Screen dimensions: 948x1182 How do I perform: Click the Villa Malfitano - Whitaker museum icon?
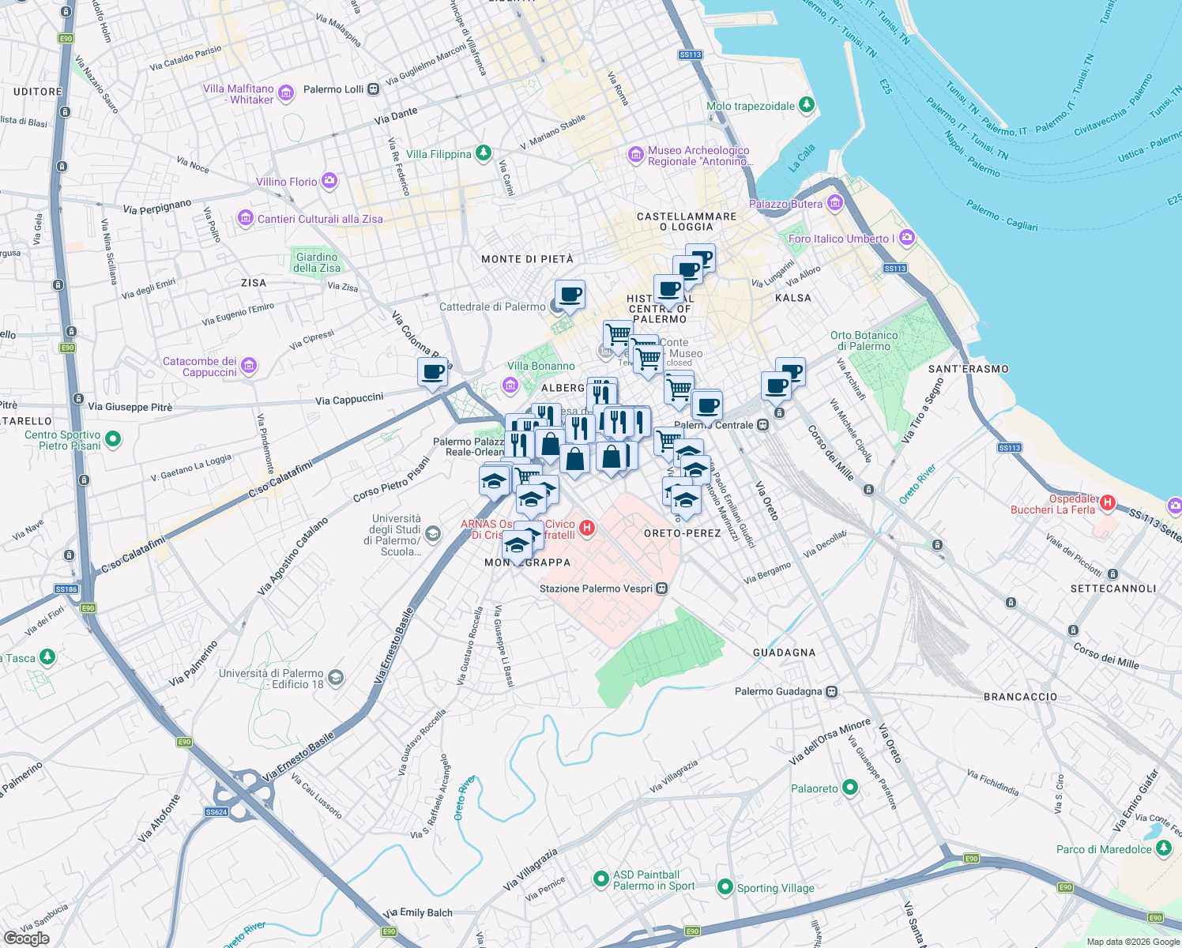pos(286,92)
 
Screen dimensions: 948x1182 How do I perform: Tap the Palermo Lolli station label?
pos(333,89)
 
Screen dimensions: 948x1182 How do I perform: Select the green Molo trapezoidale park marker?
pos(806,104)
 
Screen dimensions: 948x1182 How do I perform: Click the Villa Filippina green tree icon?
pos(484,153)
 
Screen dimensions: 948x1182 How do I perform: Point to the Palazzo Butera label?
pos(785,204)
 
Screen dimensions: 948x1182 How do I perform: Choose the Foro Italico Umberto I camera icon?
pos(906,237)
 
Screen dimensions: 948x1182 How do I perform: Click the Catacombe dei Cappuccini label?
pos(200,367)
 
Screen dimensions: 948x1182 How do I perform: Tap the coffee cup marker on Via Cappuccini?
pos(432,372)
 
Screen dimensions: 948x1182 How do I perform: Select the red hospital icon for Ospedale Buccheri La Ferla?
pos(1107,502)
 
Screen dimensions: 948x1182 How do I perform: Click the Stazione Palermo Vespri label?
pos(596,589)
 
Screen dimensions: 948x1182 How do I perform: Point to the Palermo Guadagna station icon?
pos(831,691)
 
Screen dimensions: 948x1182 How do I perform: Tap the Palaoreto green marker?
pos(850,787)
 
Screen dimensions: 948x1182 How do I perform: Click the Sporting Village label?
pos(775,888)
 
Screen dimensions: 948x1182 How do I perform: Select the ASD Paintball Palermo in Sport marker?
pos(601,878)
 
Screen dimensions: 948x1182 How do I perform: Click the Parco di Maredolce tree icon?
pos(1163,848)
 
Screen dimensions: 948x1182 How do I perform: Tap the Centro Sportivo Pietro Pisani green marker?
pos(113,438)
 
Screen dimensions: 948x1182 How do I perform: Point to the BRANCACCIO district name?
pos(1020,697)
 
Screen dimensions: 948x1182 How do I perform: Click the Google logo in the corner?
pos(26,939)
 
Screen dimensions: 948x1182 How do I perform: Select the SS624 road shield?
pos(216,811)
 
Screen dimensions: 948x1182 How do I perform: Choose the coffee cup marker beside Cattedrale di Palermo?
pos(570,295)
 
